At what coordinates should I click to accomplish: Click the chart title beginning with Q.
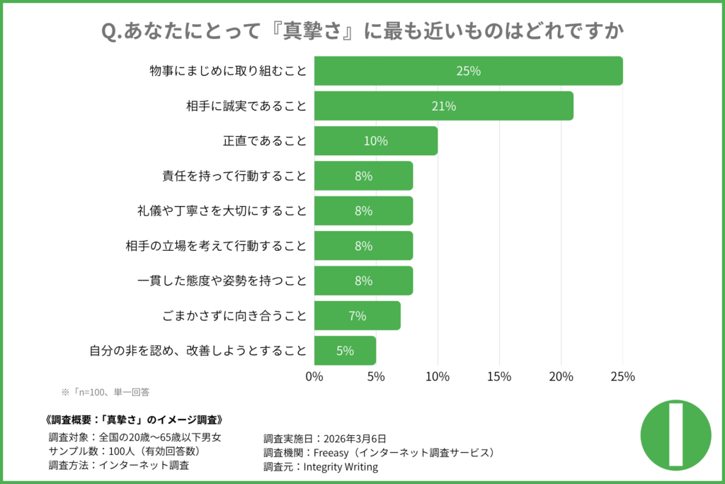pyautogui.click(x=362, y=32)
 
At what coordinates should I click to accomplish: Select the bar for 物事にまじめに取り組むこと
pyautogui.click(x=468, y=71)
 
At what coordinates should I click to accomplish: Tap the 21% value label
pyautogui.click(x=443, y=106)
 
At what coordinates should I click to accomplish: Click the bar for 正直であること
pyautogui.click(x=375, y=141)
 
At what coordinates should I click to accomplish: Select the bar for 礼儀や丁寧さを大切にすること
pyautogui.click(x=363, y=210)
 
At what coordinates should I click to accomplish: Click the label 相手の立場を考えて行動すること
pyautogui.click(x=215, y=246)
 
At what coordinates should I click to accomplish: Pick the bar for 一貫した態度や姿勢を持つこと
pyautogui.click(x=363, y=281)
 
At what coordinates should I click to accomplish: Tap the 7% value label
pyautogui.click(x=357, y=316)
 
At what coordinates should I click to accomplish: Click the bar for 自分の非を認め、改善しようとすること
pyautogui.click(x=345, y=351)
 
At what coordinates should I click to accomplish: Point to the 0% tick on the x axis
pyautogui.click(x=314, y=376)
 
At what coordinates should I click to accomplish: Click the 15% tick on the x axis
pyautogui.click(x=499, y=376)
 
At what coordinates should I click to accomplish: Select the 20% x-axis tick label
pyautogui.click(x=561, y=376)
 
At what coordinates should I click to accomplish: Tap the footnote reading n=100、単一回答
pyautogui.click(x=106, y=391)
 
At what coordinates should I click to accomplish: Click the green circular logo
pyautogui.click(x=675, y=435)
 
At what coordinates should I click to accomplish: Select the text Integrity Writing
pyautogui.click(x=341, y=467)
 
